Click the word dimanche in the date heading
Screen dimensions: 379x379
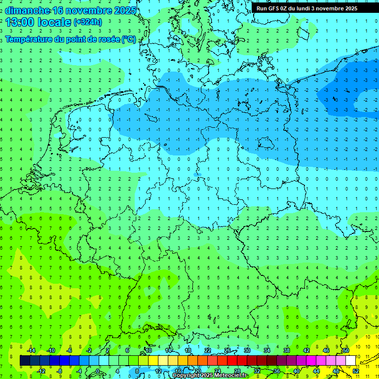(x=27, y=10)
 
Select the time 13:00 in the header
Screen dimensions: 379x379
(x=18, y=22)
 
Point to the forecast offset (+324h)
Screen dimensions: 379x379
(x=88, y=22)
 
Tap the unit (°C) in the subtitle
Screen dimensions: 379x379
(x=129, y=39)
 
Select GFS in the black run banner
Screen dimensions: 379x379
(x=275, y=8)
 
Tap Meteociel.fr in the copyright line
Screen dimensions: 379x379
(x=232, y=376)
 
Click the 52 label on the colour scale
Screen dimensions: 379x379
(x=355, y=371)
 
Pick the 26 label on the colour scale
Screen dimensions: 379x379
(x=227, y=350)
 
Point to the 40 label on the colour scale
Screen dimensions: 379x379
(x=296, y=371)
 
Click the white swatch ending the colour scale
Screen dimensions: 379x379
(x=350, y=360)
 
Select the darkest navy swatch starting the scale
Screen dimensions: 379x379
(x=25, y=360)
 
